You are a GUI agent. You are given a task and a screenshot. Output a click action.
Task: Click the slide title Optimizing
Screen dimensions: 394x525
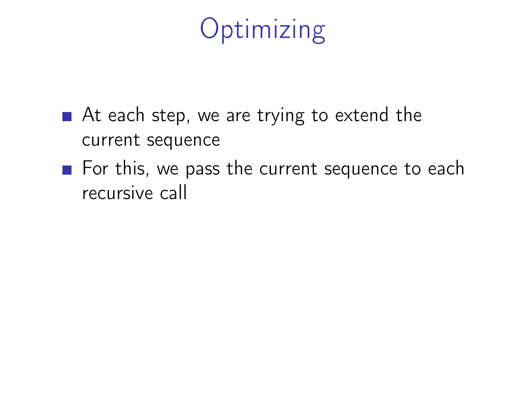tap(262, 29)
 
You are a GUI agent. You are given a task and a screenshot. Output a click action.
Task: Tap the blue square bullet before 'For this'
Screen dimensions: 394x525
tap(67, 170)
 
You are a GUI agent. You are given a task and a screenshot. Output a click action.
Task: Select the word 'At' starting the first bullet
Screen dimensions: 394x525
tap(92, 115)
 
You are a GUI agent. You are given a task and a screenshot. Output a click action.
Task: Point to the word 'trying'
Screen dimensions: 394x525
tap(281, 116)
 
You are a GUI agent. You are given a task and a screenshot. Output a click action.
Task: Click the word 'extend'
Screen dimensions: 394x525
tap(362, 115)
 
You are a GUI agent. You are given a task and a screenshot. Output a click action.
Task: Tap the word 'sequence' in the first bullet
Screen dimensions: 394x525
tap(183, 141)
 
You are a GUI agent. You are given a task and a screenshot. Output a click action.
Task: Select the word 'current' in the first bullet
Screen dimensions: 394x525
tap(111, 140)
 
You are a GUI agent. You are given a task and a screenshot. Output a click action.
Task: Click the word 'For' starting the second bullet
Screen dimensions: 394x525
tap(95, 168)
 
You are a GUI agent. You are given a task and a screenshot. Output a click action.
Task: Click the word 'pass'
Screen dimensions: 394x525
tap(203, 170)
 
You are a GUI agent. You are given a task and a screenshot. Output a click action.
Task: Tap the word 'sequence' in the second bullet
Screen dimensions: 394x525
tap(361, 170)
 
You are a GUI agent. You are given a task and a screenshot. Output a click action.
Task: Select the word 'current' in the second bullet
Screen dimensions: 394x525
tap(288, 169)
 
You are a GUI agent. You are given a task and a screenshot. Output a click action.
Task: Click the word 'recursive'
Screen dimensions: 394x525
tap(117, 193)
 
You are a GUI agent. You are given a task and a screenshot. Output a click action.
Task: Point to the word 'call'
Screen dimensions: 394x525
tap(173, 192)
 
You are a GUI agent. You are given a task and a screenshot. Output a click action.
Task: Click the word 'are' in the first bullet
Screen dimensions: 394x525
tap(238, 116)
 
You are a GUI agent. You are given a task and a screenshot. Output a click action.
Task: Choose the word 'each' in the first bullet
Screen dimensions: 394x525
tap(126, 115)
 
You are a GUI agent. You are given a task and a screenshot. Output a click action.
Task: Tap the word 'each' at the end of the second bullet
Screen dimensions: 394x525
tap(446, 168)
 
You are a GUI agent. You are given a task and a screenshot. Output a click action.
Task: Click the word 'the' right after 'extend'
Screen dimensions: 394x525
tap(409, 115)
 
